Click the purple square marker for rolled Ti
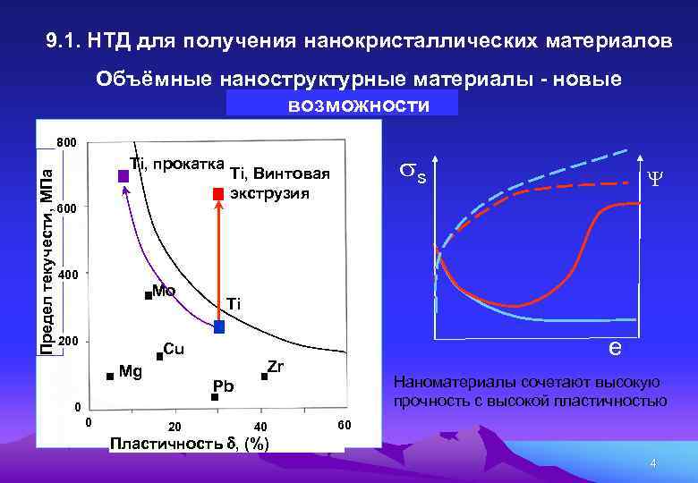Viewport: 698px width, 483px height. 123,176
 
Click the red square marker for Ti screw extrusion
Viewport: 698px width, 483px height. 217,194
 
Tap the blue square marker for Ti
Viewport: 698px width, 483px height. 219,327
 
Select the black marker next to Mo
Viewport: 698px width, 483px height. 148,295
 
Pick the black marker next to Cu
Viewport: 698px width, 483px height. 159,356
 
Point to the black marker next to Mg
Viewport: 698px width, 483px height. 109,377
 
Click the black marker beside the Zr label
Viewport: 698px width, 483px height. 264,377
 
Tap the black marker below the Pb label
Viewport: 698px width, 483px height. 214,396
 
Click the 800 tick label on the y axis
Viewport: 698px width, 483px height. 67,143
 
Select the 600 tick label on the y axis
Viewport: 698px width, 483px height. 67,208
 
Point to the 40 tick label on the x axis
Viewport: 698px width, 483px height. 260,426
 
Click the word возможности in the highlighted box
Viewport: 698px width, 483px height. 358,106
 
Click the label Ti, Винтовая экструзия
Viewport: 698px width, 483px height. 280,183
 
